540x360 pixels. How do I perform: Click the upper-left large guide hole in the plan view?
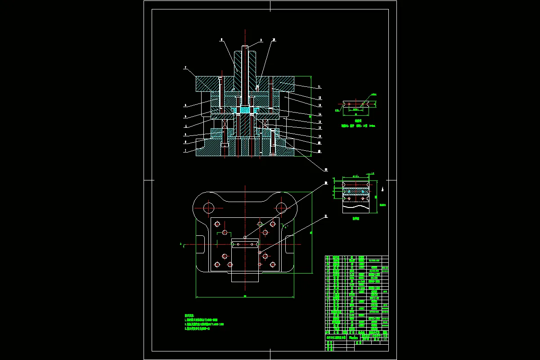tap(208, 208)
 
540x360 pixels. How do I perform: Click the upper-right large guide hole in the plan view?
tap(282, 207)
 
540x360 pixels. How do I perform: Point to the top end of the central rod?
tap(245, 47)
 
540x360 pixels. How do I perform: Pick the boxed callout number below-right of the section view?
tap(326, 169)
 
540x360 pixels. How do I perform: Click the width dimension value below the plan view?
tap(244, 296)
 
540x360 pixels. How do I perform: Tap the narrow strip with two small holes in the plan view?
tap(245, 244)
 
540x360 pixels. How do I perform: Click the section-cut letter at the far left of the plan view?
tap(180, 244)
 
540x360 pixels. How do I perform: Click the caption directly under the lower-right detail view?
tap(356, 218)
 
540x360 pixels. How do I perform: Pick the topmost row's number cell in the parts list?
tap(328, 257)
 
